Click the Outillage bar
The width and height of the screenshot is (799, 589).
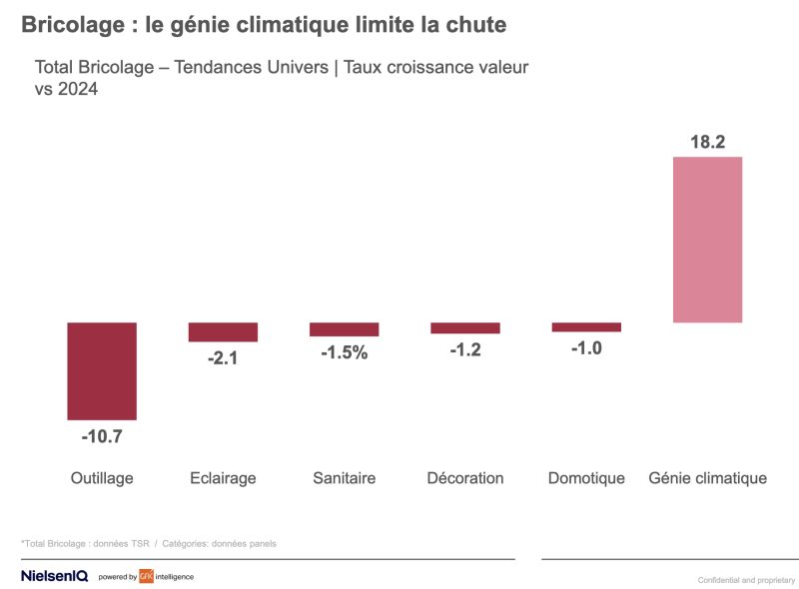102,370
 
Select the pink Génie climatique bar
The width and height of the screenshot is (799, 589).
708,240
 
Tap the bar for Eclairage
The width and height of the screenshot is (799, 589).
223,331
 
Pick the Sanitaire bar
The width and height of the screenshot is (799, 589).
345,328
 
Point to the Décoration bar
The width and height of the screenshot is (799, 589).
465,327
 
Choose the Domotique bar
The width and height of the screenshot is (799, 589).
586,326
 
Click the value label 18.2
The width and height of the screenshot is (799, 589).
708,142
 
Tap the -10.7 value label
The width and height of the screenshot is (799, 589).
102,436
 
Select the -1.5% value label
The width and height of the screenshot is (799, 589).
345,352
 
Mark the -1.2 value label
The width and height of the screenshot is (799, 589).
465,349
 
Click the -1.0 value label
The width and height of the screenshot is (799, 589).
586,348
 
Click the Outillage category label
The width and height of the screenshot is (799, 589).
102,478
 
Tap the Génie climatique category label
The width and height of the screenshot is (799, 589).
708,478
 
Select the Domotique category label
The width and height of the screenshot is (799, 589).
586,478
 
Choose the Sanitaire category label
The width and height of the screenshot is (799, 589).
345,478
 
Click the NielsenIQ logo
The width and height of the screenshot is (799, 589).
55,576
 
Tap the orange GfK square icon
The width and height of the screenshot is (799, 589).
146,576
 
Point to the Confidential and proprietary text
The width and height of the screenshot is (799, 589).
746,580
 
